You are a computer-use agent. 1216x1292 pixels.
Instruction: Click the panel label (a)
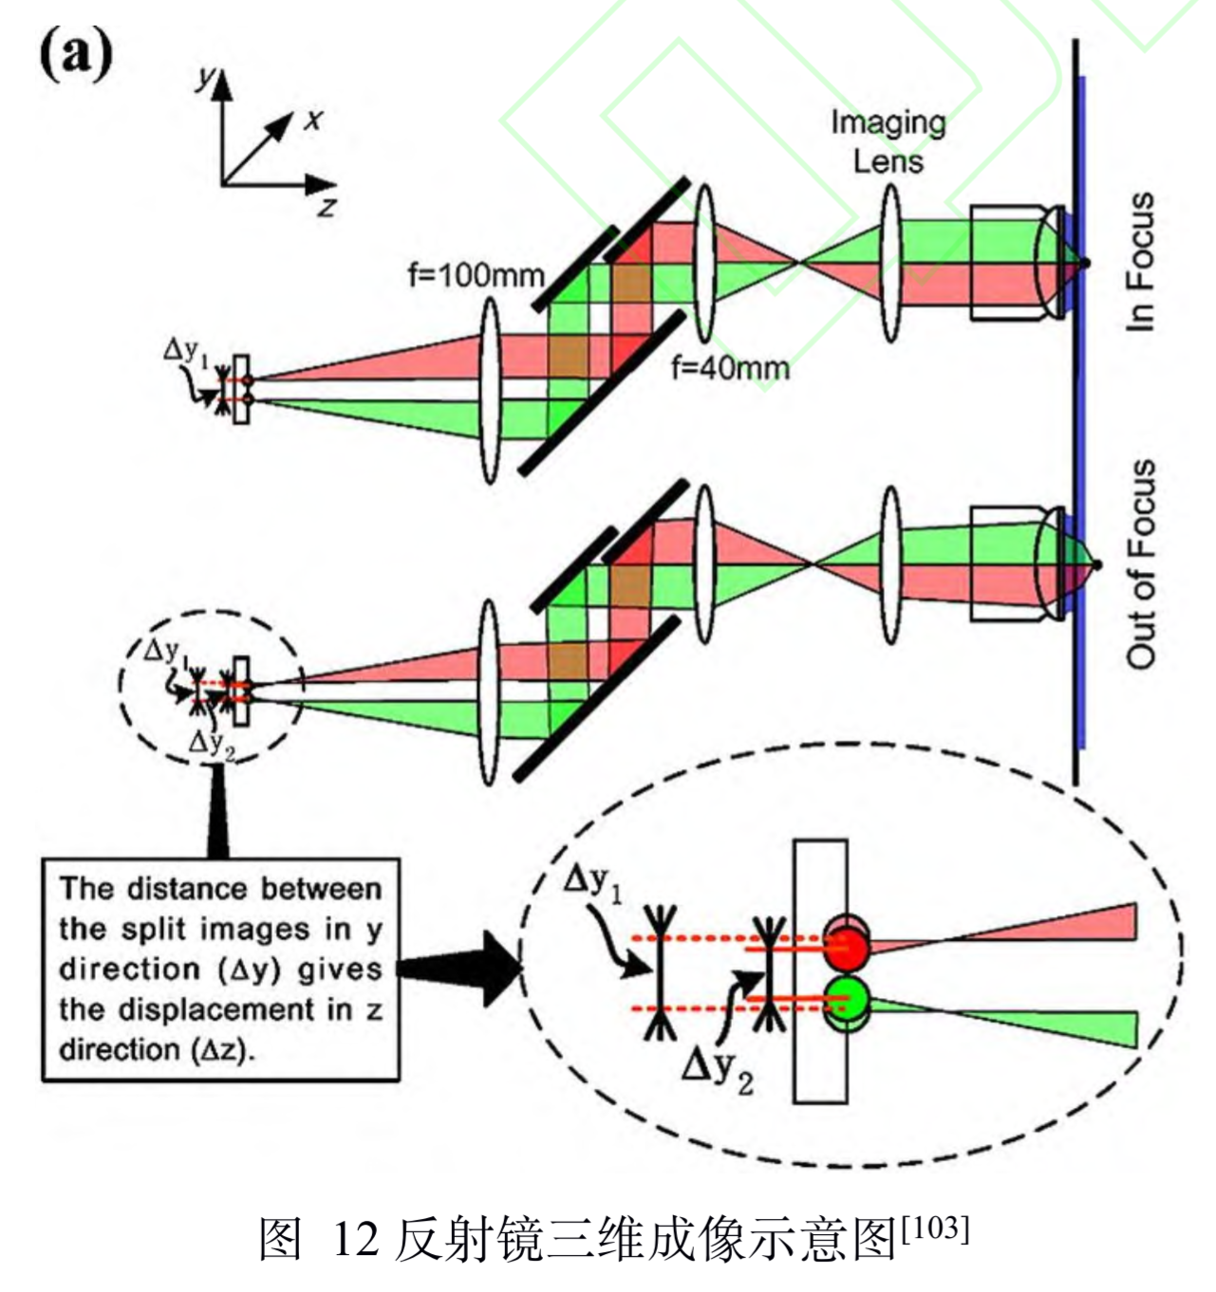75,55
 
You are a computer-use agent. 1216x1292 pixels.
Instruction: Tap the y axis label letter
203,78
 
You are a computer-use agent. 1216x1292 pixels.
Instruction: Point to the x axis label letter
313,120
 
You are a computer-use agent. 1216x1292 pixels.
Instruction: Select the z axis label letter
327,207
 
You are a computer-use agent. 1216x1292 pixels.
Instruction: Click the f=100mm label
476,276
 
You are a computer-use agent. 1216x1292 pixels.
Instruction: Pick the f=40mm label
730,366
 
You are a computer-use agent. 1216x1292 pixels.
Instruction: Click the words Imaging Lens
888,141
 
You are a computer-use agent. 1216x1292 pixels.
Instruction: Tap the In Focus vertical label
1140,263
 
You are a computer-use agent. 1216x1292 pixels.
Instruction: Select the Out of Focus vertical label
1140,564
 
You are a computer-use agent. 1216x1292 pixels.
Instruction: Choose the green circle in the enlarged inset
847,998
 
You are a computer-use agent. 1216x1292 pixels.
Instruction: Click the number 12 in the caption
355,1240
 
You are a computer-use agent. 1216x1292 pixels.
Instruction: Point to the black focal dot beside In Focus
1085,262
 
